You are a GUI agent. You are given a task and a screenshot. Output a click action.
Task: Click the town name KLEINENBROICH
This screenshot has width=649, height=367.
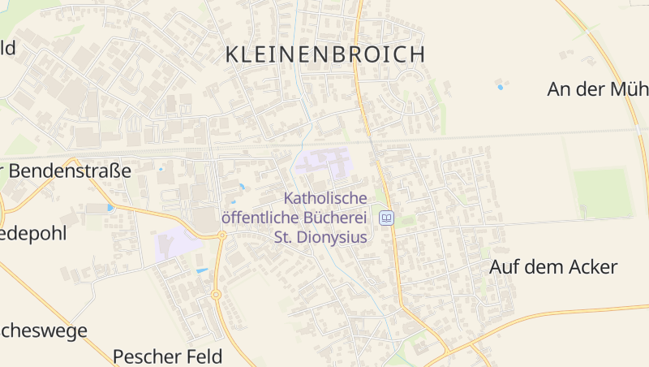[x=324, y=54]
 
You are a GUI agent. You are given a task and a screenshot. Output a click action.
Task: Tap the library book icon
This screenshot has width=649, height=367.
[x=387, y=218]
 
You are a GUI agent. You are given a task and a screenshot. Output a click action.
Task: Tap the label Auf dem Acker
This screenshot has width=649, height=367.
[x=553, y=267]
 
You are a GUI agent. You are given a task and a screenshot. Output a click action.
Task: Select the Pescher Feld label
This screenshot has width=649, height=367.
[x=166, y=356]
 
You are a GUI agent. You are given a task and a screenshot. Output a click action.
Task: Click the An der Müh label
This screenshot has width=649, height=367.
[x=597, y=89]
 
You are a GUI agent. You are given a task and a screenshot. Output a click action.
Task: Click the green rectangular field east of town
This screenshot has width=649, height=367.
[x=601, y=193]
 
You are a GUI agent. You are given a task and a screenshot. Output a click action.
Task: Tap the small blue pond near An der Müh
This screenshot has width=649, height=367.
[x=501, y=86]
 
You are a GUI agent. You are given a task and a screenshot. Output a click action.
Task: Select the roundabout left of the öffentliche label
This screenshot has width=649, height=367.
[x=221, y=235]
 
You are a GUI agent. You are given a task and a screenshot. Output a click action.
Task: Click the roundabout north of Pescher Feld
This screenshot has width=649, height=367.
[x=216, y=295]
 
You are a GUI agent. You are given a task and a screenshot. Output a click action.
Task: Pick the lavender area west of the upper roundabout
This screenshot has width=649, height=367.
[x=177, y=244]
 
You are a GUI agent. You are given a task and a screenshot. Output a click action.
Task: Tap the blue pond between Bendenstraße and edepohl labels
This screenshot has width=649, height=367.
[x=110, y=208]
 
